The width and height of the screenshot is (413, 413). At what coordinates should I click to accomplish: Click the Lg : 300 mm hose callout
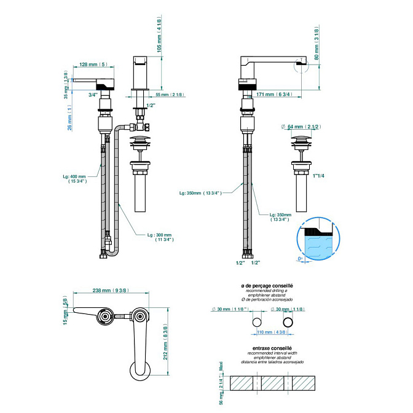[x=160, y=237]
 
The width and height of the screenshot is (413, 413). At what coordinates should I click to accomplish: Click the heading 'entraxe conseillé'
[x=267, y=349]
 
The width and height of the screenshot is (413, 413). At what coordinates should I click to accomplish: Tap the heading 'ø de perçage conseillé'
[x=267, y=286]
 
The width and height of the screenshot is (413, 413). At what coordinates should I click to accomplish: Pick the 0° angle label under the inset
[x=301, y=259]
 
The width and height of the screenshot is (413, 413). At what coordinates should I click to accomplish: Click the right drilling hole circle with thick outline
[x=287, y=322]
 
